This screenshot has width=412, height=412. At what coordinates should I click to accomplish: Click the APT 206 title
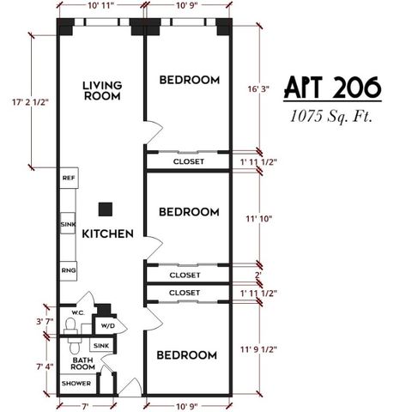pos(331,88)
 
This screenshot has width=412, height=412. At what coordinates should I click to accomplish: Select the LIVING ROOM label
pos(101,91)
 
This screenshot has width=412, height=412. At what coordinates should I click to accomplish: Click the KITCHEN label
pos(107,233)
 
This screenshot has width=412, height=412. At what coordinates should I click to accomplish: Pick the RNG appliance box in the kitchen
pos(68,270)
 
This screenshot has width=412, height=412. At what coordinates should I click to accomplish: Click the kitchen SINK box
pos(68,225)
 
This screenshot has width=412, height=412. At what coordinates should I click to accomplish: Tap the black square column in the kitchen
pos(106,208)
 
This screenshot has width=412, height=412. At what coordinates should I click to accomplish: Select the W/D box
pos(108,326)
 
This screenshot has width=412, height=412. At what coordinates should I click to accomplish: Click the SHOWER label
pos(76,383)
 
